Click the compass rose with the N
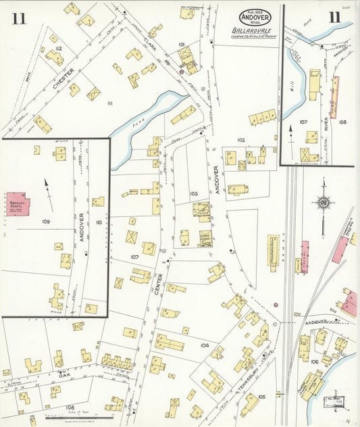[x=323, y=202]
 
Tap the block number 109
[x=46, y=222]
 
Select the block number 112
[x=59, y=49]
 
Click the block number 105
[x=261, y=397]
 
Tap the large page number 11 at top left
[x=18, y=18]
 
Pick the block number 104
[x=205, y=345]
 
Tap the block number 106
[x=315, y=362]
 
